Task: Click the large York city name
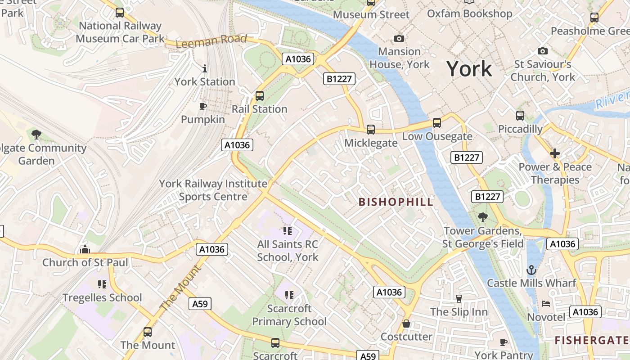[x=469, y=69]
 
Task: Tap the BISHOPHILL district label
[x=396, y=202]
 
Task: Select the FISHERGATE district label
[x=592, y=340]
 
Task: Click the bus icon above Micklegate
[x=371, y=130]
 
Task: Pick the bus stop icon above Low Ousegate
[x=436, y=122]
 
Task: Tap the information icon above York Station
[x=205, y=68]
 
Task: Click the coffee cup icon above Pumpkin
[x=203, y=106]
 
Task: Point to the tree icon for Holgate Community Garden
[x=36, y=134]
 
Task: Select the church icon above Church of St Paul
[x=85, y=249]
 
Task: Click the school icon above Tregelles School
[x=102, y=284]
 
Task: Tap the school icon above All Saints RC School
[x=288, y=231]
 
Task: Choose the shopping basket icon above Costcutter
[x=406, y=324]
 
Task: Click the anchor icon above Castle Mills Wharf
[x=531, y=270]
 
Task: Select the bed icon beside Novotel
[x=546, y=304]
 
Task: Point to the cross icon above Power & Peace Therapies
[x=554, y=153]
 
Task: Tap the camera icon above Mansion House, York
[x=399, y=39]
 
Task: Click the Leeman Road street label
[x=211, y=41]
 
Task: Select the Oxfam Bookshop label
[x=469, y=13]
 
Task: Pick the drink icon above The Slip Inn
[x=459, y=298]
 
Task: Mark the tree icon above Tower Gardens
[x=482, y=217]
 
